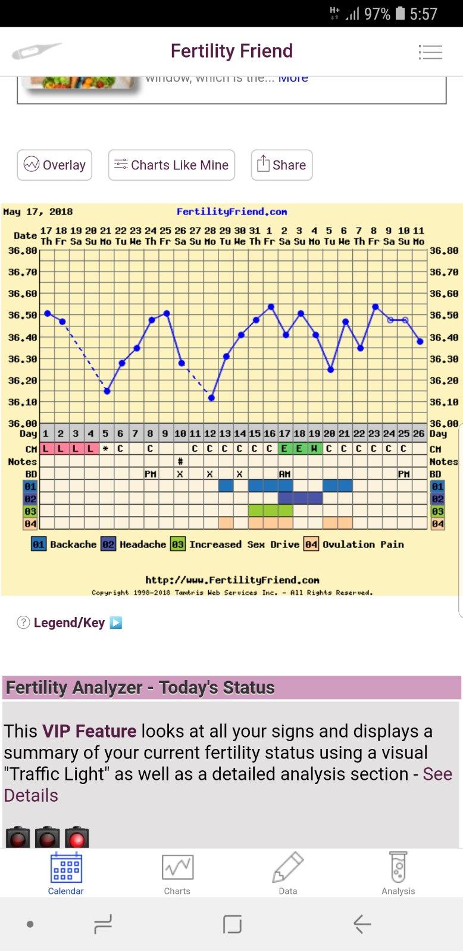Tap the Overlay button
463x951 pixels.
coord(54,165)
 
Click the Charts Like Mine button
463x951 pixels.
coord(171,165)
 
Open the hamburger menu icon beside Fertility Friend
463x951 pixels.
coord(430,52)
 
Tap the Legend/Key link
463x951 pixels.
coord(69,623)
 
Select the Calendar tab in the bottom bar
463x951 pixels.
coord(65,873)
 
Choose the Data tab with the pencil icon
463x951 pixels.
coord(288,873)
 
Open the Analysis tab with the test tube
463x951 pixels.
coord(398,873)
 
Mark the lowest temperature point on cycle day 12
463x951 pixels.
coord(211,398)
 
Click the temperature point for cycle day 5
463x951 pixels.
coord(107,391)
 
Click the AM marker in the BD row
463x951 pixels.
coord(284,474)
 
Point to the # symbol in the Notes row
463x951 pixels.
coord(180,461)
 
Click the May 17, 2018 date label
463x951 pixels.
coord(38,212)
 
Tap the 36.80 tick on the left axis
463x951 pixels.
coord(23,251)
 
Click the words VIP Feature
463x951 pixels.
coord(89,731)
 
